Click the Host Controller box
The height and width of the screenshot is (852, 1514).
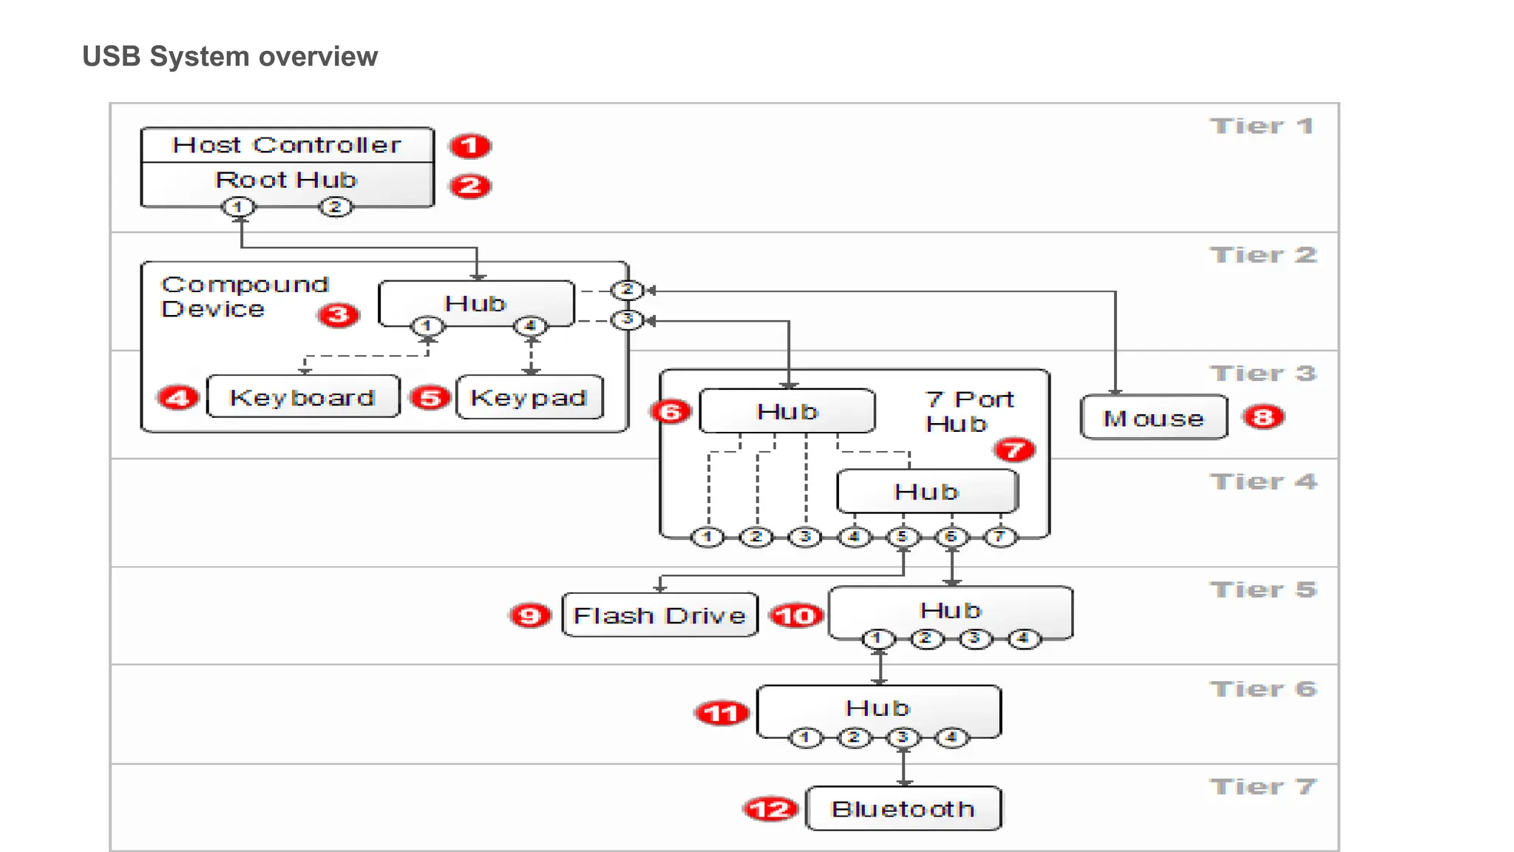[287, 145]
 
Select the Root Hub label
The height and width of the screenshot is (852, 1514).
[286, 180]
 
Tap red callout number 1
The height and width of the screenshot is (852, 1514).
[470, 146]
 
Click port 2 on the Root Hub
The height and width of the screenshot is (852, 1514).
[335, 207]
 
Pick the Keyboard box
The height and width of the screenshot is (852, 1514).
[303, 397]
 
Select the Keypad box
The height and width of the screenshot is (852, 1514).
[529, 397]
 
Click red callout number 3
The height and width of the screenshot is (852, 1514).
[339, 315]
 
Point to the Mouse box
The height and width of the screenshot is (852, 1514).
[1153, 418]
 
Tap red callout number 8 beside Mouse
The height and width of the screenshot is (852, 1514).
[1263, 417]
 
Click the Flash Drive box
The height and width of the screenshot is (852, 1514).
[659, 615]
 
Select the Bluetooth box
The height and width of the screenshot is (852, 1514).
[903, 808]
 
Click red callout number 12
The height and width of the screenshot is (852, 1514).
[770, 809]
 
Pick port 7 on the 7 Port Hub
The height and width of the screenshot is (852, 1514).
[999, 536]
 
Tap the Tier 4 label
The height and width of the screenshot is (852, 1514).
[1263, 482]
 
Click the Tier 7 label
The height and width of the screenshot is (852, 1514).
[1263, 787]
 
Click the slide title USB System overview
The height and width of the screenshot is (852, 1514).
[230, 56]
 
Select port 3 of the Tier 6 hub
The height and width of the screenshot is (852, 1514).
[903, 737]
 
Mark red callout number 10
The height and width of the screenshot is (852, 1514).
[796, 615]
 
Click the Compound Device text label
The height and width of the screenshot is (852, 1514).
[244, 297]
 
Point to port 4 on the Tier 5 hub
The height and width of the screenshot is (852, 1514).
[1023, 638]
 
